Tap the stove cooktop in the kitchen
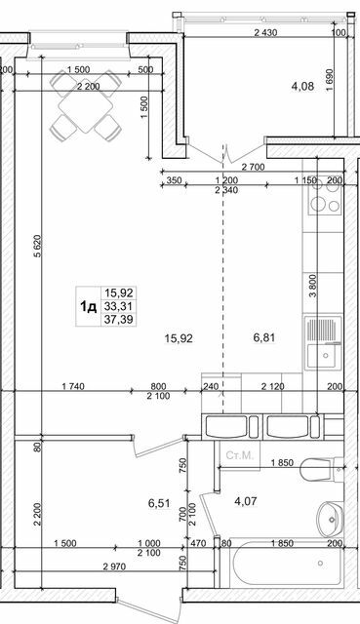pos(323,205)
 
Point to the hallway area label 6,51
pos(159,503)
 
